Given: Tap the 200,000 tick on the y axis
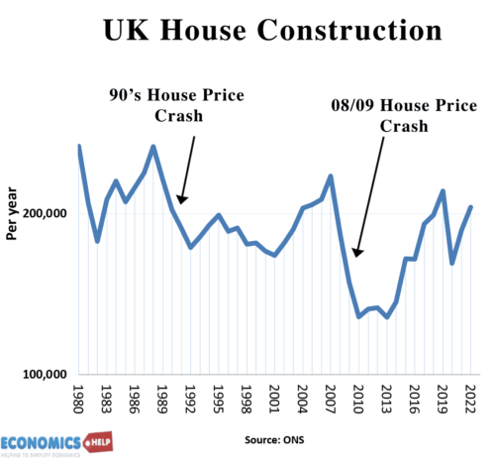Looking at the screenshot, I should point(45,214).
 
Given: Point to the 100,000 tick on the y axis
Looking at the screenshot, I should point(45,375).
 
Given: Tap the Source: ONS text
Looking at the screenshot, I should point(271,436).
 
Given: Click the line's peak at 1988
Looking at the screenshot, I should point(153,147).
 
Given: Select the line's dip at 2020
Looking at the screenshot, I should point(452,263).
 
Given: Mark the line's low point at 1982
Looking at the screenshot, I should point(97,241).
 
